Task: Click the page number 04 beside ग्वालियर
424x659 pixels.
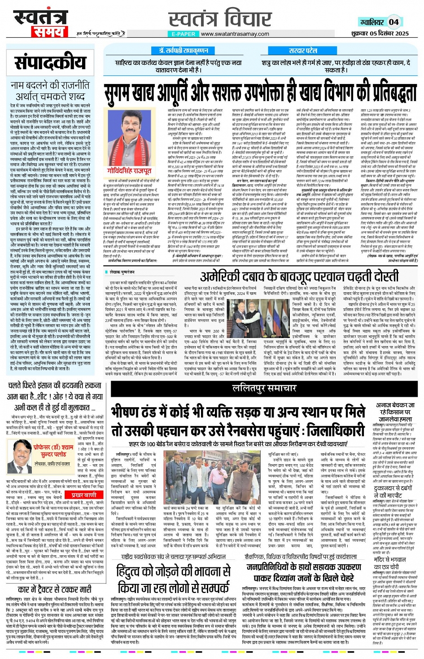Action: coord(393,22)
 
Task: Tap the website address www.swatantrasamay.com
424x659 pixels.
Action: coord(235,34)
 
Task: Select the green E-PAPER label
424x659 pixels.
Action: coord(183,34)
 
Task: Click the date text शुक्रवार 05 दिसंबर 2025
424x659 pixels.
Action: coord(380,33)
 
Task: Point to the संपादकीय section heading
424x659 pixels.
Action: coord(50,63)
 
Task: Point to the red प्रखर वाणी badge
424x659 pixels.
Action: coord(83,495)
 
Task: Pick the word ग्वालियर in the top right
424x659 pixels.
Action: coord(372,22)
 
